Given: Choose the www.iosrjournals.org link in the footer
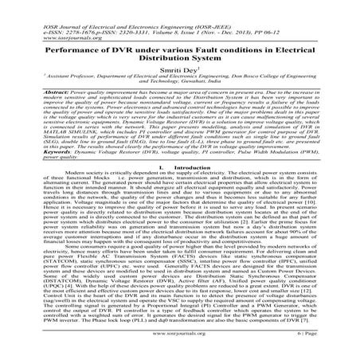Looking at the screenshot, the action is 181,348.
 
